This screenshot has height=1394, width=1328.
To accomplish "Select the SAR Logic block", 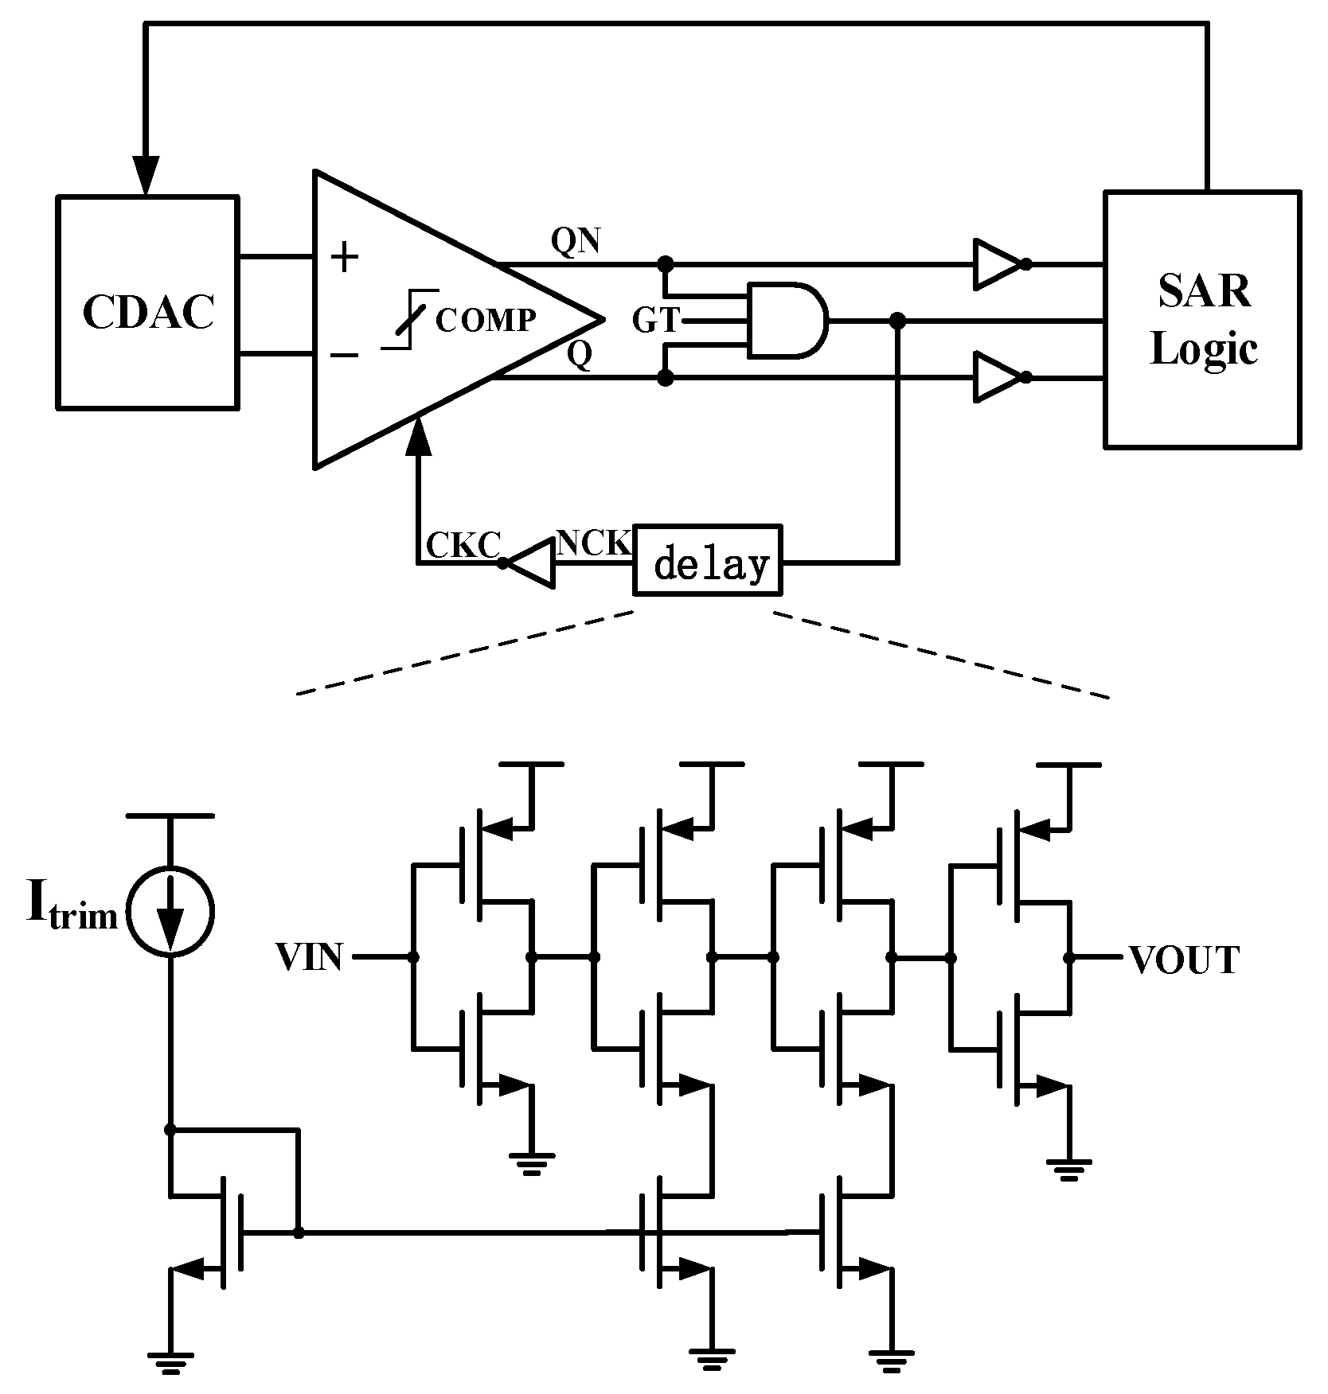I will pyautogui.click(x=1202, y=319).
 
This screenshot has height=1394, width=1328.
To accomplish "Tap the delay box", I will pyautogui.click(x=708, y=560).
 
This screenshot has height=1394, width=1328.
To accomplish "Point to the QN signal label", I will pyautogui.click(x=576, y=241).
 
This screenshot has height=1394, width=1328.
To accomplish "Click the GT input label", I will pyautogui.click(x=656, y=321).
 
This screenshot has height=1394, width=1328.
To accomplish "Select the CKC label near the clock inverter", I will pyautogui.click(x=463, y=546).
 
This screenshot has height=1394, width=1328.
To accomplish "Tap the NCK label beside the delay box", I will pyautogui.click(x=593, y=543).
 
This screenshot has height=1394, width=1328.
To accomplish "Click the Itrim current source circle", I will pyautogui.click(x=170, y=911).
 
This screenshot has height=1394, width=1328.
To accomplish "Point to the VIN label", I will pyautogui.click(x=310, y=957).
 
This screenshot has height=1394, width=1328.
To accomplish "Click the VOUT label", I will pyautogui.click(x=1184, y=960).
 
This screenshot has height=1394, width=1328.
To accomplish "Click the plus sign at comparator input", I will pyautogui.click(x=345, y=258).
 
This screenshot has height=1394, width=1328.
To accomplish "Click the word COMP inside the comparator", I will pyautogui.click(x=486, y=320).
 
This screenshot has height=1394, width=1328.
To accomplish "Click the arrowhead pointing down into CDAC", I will pyautogui.click(x=146, y=175).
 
